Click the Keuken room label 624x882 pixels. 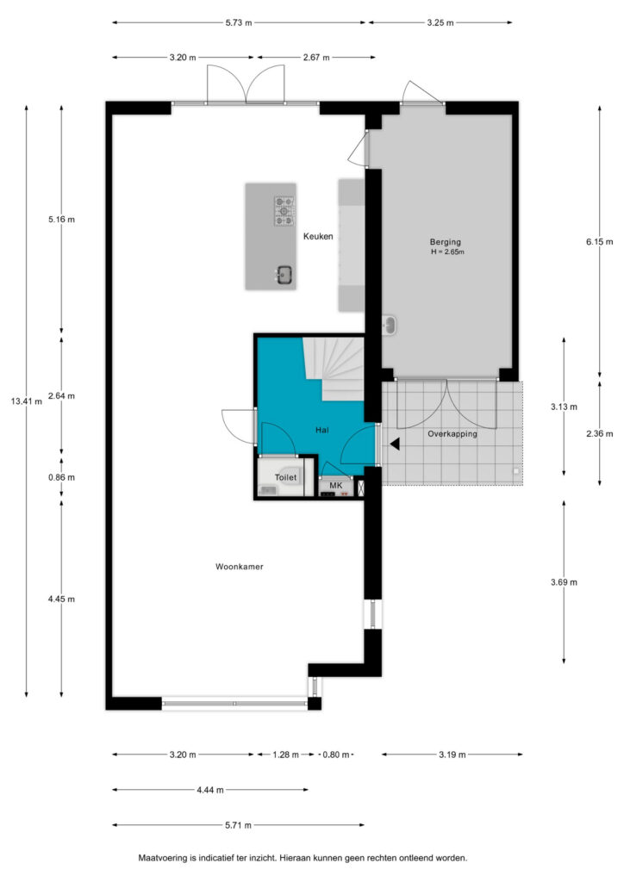[318, 236]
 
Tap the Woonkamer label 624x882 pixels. [239, 567]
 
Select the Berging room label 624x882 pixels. [445, 242]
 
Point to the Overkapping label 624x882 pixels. [452, 434]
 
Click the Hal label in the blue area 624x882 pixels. [321, 430]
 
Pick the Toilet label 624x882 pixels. [285, 477]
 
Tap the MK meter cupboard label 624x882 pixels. [336, 485]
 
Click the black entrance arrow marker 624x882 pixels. [395, 444]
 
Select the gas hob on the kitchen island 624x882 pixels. [284, 211]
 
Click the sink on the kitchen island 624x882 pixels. [284, 275]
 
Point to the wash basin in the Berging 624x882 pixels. [389, 325]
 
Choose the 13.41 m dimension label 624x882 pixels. [27, 401]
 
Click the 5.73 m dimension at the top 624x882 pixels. [239, 22]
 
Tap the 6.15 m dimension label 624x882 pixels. [599, 241]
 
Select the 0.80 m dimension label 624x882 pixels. [336, 755]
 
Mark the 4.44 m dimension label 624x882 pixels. [210, 790]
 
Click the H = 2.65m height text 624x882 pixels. [448, 252]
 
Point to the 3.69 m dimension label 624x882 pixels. [564, 582]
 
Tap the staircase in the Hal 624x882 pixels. [334, 369]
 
